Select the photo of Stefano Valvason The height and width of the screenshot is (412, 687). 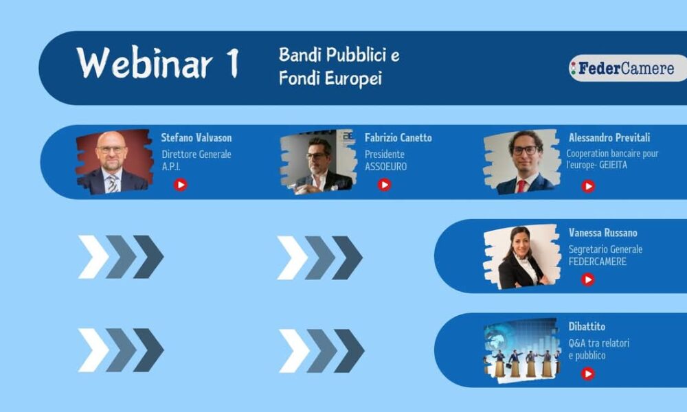114,161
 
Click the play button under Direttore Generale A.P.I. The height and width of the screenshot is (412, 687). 180,185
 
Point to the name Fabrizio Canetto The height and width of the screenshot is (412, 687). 398,138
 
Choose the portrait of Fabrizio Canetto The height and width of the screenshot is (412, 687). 318,161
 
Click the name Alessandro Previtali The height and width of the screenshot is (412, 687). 609,137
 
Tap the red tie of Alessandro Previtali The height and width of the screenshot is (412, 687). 521,186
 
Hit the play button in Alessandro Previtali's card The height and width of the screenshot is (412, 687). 588,187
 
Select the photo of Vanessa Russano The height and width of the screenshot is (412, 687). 522,257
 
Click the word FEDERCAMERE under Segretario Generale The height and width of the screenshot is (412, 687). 598,262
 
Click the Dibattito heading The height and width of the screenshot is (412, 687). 587,327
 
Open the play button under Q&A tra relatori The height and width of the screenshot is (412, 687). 587,374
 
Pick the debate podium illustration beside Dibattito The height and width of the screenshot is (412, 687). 522,351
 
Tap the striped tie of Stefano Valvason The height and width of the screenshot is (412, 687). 113,184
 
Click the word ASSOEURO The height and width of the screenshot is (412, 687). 385,167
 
